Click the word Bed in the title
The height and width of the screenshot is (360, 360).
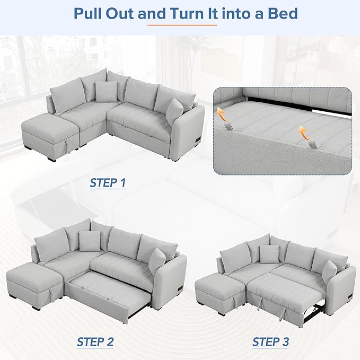pos(283,14)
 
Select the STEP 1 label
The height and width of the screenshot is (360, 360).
pos(108,183)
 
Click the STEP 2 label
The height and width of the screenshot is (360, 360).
pos(95,342)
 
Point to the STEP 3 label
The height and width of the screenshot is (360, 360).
pos(270,342)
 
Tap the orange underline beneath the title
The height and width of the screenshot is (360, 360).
pos(182,25)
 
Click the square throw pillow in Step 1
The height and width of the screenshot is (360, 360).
pos(106,91)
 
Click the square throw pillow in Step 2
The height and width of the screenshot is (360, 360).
pos(90,241)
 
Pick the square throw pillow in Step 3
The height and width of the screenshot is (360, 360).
pos(269,254)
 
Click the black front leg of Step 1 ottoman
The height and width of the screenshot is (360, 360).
pos(51,159)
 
